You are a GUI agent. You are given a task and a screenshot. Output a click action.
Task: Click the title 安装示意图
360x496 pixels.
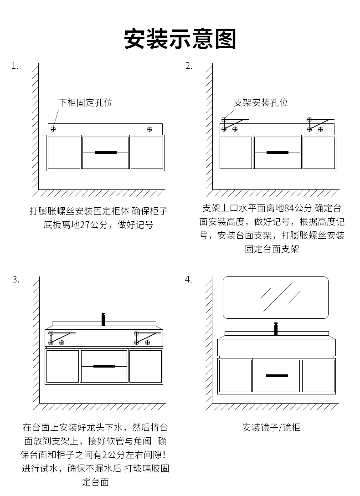180,39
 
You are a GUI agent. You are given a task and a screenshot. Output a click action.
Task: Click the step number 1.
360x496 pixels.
15,66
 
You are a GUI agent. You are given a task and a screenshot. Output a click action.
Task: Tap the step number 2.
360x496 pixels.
189,66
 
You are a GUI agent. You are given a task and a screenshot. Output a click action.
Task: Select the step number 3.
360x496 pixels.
15,280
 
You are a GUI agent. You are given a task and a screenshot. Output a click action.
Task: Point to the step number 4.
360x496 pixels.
188,280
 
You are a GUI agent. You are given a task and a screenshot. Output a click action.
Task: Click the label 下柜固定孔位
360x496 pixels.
85,103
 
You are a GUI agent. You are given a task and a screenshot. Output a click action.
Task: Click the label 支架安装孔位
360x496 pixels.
261,103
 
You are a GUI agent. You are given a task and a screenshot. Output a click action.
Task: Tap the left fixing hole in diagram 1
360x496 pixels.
53,129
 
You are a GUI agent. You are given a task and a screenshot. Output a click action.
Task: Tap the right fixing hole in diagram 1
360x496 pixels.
149,129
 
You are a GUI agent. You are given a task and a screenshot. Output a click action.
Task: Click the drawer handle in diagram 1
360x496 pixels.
106,153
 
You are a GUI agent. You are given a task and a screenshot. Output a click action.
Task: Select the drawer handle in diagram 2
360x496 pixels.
278,153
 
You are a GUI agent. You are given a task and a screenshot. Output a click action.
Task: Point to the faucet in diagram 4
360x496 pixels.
276,328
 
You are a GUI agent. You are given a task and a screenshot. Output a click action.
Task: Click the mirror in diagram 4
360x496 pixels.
275,297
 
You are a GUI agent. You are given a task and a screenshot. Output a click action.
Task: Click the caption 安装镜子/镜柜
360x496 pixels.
271,428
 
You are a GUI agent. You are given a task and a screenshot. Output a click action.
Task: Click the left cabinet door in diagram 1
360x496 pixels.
64,153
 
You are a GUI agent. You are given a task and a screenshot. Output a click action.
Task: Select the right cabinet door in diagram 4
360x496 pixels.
318,376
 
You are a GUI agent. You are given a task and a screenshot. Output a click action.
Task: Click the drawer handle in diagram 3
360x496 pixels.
104,366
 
